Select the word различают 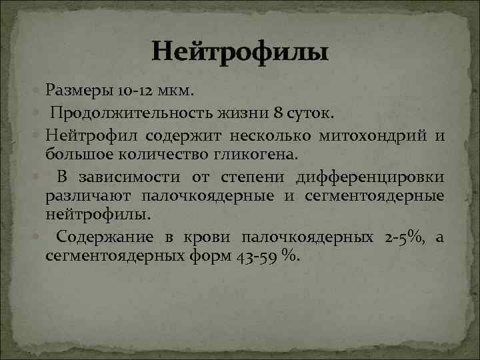click(x=89, y=196)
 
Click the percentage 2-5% click(x=403, y=237)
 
